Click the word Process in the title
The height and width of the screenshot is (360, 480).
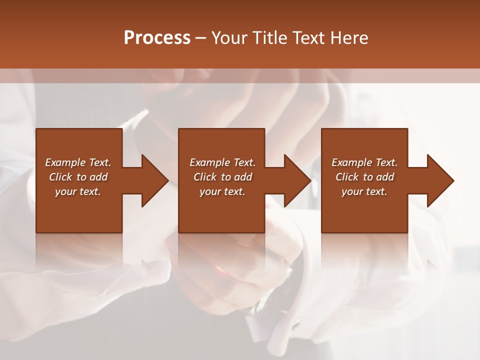tap(157, 38)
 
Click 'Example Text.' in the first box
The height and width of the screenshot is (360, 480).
tap(78, 162)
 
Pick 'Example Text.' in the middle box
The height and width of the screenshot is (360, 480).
tap(222, 162)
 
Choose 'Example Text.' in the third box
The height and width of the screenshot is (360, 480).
tap(364, 162)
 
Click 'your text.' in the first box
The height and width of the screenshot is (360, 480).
tap(78, 191)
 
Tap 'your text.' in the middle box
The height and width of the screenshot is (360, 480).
tap(222, 191)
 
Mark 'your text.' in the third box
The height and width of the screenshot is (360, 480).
tap(364, 191)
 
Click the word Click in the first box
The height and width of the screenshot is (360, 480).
tap(61, 177)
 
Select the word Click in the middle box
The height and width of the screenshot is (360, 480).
tap(205, 177)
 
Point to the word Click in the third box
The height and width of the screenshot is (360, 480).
tap(347, 177)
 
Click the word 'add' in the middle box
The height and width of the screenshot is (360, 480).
tap(243, 177)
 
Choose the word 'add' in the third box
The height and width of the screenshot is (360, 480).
tap(385, 177)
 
